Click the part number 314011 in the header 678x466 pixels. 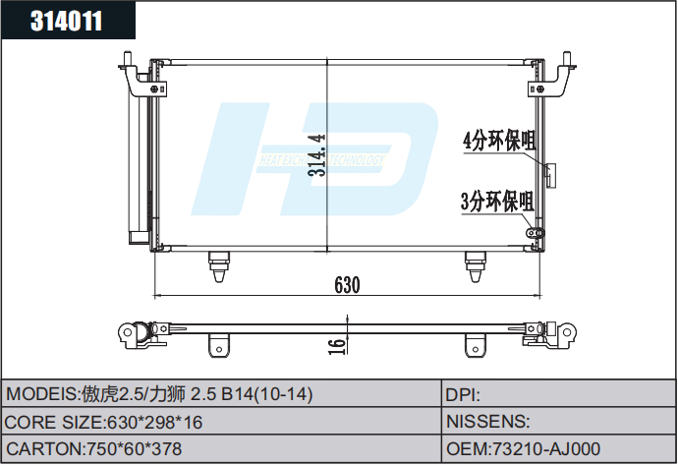(67, 22)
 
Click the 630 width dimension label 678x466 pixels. (347, 285)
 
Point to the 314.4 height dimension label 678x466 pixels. (316, 155)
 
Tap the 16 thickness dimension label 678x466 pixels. (336, 344)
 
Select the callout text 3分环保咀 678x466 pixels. (496, 203)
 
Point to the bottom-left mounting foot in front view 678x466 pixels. (218, 263)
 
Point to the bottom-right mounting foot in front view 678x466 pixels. (475, 263)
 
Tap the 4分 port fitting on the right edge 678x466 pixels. (548, 174)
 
